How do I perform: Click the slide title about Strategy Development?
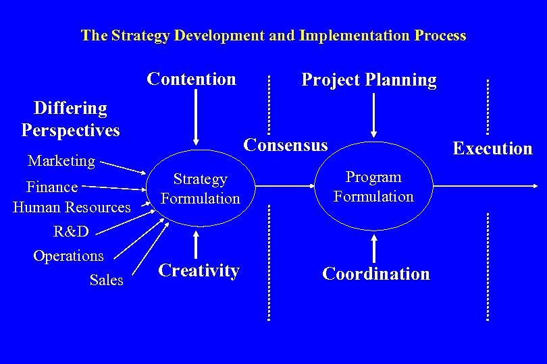[x=273, y=35]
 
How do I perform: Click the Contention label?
[x=191, y=79]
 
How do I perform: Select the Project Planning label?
[x=369, y=80]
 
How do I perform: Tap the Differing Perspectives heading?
[x=70, y=119]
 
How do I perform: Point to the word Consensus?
[x=286, y=145]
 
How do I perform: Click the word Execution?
[x=492, y=148]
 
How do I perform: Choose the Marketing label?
[x=61, y=160]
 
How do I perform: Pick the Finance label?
[x=52, y=187]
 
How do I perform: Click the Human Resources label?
[x=72, y=207]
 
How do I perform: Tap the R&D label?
[x=71, y=231]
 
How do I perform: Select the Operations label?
[x=68, y=255]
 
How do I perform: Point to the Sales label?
[x=106, y=279]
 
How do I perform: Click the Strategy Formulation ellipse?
[x=200, y=189]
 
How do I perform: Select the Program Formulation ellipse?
[x=373, y=187]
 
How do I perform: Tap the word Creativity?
[x=199, y=270]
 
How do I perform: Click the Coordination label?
[x=376, y=274]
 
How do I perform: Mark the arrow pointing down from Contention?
[x=196, y=117]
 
